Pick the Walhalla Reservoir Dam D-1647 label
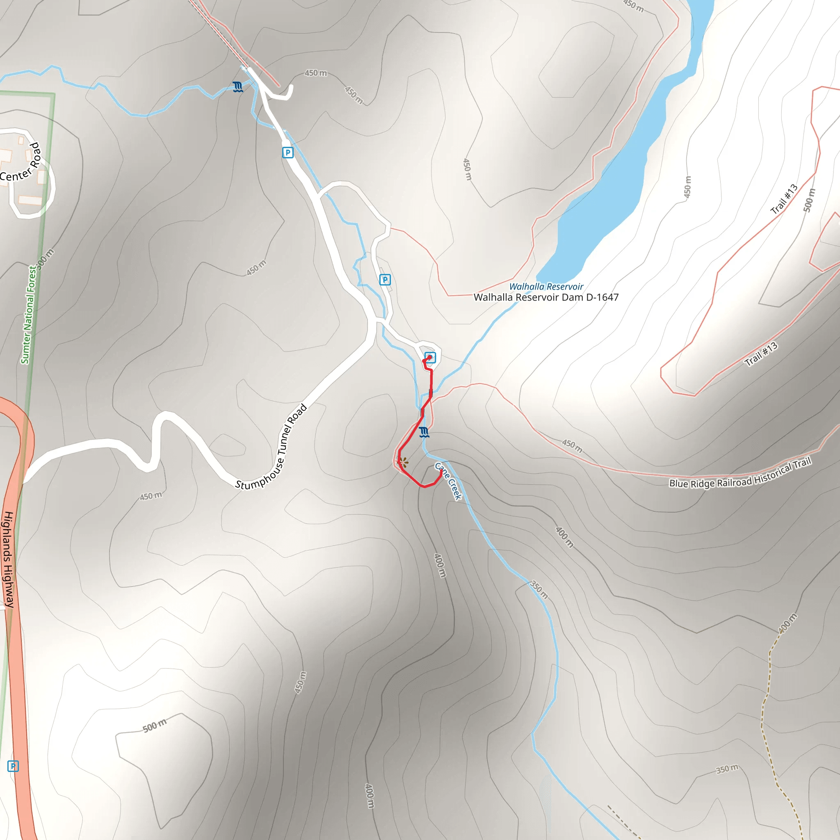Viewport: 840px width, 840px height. [546, 297]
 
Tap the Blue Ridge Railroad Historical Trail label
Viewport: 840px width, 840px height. [740, 473]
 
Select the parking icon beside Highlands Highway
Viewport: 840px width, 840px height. [13, 766]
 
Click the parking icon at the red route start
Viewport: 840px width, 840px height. [429, 357]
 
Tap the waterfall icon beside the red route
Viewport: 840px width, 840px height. [425, 432]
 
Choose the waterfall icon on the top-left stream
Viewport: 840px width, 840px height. [237, 87]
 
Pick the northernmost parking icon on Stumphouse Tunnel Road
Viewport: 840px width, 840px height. [288, 153]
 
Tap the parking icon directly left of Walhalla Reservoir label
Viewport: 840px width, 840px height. [385, 280]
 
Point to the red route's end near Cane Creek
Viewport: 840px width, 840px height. [441, 471]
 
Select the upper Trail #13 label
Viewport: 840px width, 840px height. [784, 199]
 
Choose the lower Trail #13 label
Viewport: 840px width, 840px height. [761, 354]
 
